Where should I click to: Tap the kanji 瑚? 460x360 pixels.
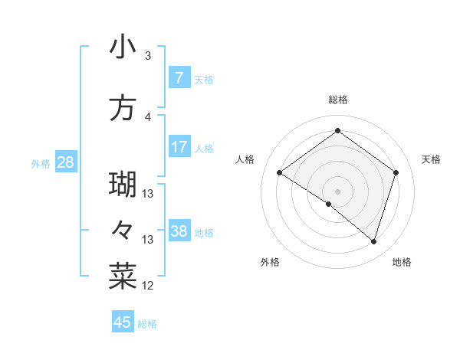tap(123, 185)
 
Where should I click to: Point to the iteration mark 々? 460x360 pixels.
tap(123, 231)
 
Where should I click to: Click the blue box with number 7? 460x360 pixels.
tap(179, 78)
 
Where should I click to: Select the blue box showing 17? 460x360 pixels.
tap(179, 147)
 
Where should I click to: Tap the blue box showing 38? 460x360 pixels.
tap(179, 231)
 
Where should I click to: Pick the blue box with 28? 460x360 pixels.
tap(65, 162)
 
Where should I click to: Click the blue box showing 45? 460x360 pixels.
tap(123, 322)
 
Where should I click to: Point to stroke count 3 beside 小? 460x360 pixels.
tap(148, 56)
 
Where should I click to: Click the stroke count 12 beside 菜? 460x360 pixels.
tap(148, 286)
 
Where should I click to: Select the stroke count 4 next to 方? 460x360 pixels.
tap(148, 117)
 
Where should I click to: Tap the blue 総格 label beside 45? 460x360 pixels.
tap(147, 324)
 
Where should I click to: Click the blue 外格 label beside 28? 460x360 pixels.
tap(41, 163)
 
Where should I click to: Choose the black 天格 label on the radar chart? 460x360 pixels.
tap(432, 159)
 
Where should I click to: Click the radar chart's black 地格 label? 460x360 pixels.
tap(402, 262)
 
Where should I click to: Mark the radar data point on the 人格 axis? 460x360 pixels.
tap(280, 173)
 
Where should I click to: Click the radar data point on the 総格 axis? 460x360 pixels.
tap(337, 131)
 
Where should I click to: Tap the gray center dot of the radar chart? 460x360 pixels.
tap(337, 190)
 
